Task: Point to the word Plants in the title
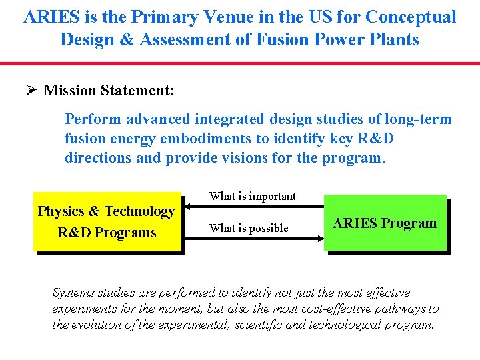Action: coord(394,39)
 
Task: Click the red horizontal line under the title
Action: coord(240,64)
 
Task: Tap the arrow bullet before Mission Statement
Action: coord(31,90)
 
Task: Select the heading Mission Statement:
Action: coord(109,90)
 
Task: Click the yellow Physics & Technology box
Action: coord(107,222)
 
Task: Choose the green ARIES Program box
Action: coord(385,223)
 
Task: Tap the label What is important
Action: coord(253,196)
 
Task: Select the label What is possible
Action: coord(249,228)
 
